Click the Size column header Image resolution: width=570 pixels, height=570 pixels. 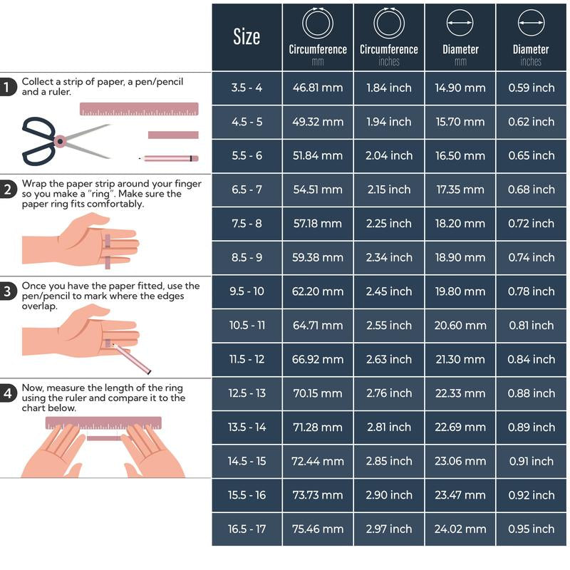[x=247, y=37]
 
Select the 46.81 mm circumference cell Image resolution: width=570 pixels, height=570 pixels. [x=318, y=88]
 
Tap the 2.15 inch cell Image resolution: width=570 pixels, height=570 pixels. [x=389, y=190]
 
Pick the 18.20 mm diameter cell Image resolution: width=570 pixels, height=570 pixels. [x=460, y=224]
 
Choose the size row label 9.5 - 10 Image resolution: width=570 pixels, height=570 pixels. [x=247, y=291]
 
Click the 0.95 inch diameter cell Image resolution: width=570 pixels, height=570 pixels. [x=531, y=529]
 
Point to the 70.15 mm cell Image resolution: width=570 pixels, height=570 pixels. [x=318, y=393]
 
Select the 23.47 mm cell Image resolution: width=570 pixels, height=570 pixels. [x=460, y=495]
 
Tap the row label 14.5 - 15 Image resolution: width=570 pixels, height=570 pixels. [x=247, y=461]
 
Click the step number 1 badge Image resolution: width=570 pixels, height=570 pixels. [x=7, y=87]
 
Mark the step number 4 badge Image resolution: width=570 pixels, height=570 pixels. [x=8, y=393]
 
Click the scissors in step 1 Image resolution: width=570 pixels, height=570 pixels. [x=66, y=141]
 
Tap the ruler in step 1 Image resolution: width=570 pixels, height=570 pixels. [x=139, y=109]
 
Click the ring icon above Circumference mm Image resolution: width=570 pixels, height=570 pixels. [x=318, y=23]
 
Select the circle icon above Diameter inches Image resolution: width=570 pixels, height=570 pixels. [x=531, y=23]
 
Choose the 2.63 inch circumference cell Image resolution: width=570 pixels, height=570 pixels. [x=389, y=360]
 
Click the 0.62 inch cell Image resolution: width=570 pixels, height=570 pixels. [x=531, y=122]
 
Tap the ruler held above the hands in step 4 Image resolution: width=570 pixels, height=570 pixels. [x=103, y=423]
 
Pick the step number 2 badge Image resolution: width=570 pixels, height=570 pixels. [x=8, y=190]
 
